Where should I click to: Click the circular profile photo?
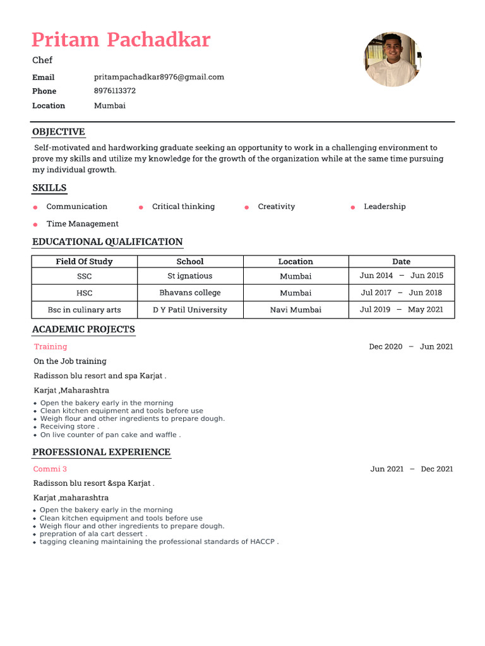[x=392, y=59]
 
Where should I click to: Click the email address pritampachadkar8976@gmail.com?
[x=159, y=77]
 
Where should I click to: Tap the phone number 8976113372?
[x=115, y=91]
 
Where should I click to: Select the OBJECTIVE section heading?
[x=59, y=132]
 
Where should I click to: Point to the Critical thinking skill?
[x=183, y=206]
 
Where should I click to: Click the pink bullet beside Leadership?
[x=353, y=207]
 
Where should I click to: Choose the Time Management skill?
[x=82, y=223]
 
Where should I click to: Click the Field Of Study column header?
[x=84, y=261]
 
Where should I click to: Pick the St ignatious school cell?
[x=190, y=276]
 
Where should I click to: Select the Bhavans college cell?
[x=190, y=293]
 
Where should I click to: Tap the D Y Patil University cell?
[x=190, y=310]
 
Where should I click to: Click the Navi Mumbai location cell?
[x=296, y=310]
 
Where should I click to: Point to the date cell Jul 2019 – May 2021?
[x=402, y=310]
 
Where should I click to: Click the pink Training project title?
[x=51, y=346]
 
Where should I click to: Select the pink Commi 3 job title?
[x=50, y=469]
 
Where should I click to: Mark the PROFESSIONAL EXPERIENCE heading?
[x=102, y=452]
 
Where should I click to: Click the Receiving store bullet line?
[x=69, y=426]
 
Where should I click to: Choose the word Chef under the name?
[x=42, y=60]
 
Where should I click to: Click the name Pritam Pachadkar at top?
[x=121, y=40]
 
